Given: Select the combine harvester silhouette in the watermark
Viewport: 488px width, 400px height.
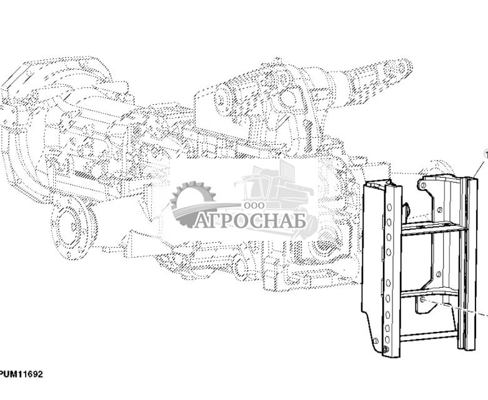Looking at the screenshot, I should click(x=281, y=187).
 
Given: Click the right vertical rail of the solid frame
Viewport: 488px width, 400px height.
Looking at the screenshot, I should click(x=471, y=262).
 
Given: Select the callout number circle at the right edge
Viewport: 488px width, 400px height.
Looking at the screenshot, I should click(x=486, y=153).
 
